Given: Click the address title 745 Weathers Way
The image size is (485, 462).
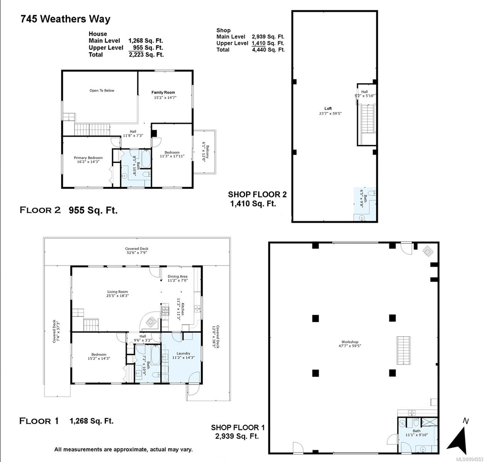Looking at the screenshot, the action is (x=65, y=19).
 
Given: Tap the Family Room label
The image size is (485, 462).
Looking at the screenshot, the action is (x=163, y=92).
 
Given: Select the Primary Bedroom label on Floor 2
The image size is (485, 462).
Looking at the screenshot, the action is (x=88, y=158).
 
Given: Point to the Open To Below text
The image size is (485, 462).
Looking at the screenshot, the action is (x=102, y=90).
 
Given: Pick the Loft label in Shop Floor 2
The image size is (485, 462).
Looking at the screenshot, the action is (x=328, y=109).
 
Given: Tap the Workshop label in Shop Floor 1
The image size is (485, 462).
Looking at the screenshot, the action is (x=350, y=342).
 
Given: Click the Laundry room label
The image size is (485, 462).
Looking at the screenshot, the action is (x=183, y=353).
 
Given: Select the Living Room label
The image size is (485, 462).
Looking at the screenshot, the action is (x=117, y=292).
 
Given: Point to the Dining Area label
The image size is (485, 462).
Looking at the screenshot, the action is (x=177, y=276).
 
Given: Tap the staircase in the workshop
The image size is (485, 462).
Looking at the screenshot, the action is (x=403, y=350).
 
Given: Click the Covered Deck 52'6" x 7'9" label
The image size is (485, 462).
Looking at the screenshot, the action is (x=137, y=251).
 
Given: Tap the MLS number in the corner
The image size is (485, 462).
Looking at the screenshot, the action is (x=470, y=459).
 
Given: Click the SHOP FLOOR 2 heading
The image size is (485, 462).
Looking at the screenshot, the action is (x=257, y=194).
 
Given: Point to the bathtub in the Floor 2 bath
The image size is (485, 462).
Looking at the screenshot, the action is (x=146, y=159).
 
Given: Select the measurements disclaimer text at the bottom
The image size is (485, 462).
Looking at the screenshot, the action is (x=123, y=449).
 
